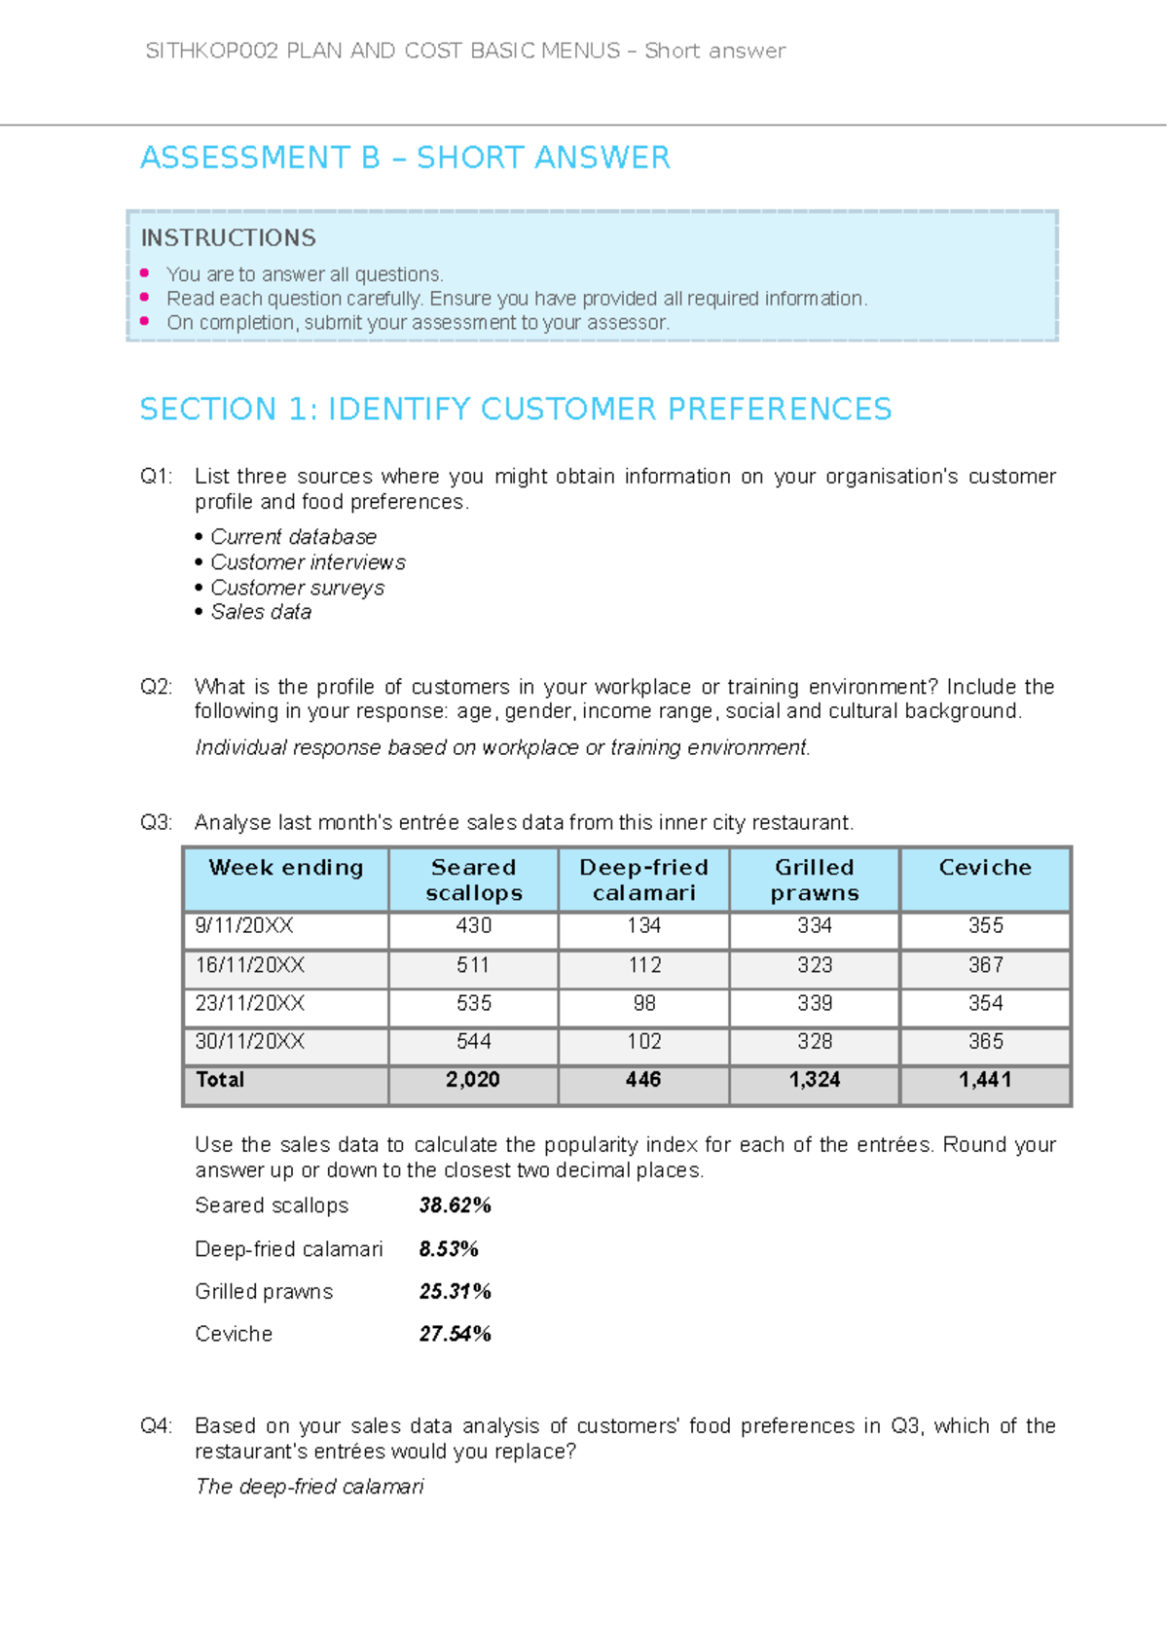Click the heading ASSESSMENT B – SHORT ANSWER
coord(405,158)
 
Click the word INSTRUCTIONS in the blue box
coord(229,237)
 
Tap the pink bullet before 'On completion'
coord(145,321)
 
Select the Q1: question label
coord(156,477)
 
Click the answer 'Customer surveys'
coord(297,588)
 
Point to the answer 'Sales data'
coord(261,612)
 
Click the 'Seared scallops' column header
coord(474,880)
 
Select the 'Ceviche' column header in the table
coord(985,868)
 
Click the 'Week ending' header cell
coord(286,868)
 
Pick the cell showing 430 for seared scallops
coord(474,926)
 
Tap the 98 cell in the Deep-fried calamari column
coord(644,1003)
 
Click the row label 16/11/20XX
coord(250,965)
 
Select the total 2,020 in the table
coord(473,1080)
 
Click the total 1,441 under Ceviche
coord(985,1080)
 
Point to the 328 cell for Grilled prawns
coord(815,1042)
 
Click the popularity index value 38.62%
coord(455,1205)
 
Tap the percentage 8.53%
coord(449,1249)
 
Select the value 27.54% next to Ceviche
coord(455,1334)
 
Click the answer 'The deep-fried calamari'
coord(310,1487)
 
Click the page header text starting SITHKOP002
coord(465,51)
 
